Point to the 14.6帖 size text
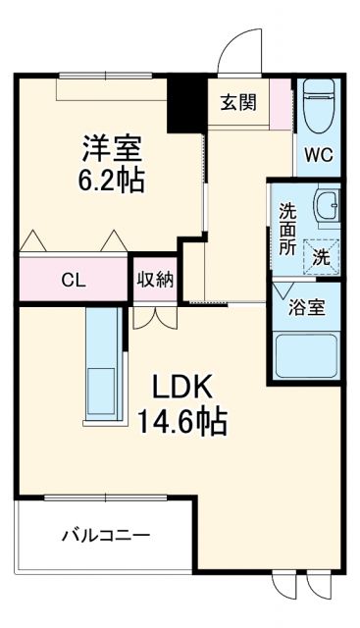pos(182,422)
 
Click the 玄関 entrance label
pos(238,100)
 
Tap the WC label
pos(319,154)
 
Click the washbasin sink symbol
pos(325,207)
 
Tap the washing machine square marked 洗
pos(322,257)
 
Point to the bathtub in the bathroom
pos(308,355)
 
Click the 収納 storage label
pos(156,279)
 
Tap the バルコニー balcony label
pos(106,536)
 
